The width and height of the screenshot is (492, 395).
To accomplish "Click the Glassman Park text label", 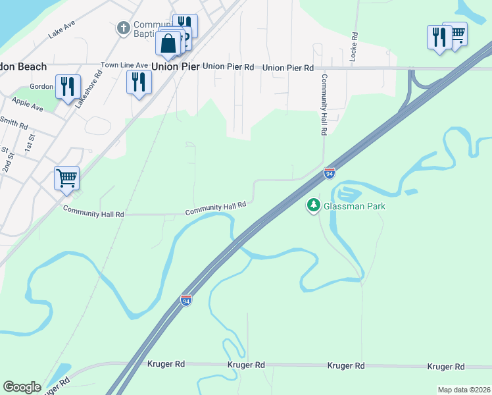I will tap(354, 206).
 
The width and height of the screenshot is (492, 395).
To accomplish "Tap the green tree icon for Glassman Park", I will tap(314, 206).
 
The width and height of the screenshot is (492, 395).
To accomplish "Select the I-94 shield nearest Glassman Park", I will tap(330, 173).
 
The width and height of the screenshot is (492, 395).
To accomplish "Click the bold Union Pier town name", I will tap(174, 66).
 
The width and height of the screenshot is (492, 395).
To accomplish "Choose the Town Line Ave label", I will tap(124, 66).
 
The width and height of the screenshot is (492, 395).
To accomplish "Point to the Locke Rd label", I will tap(353, 47).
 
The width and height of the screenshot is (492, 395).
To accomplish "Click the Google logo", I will tap(22, 387).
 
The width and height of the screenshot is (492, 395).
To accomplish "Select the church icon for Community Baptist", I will tap(122, 28).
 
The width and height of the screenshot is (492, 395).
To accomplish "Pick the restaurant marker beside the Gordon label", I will tap(68, 88).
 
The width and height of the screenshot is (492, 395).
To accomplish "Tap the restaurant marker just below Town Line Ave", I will tap(139, 83).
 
